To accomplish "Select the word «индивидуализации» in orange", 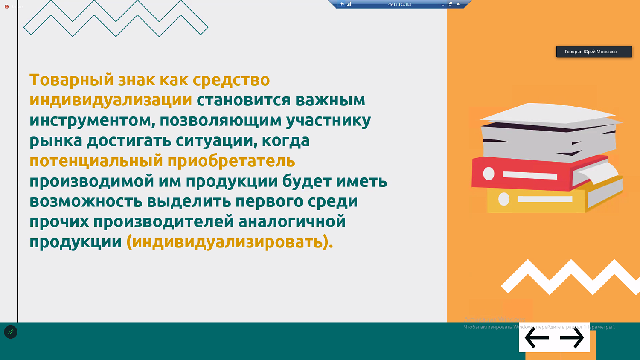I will (111, 100).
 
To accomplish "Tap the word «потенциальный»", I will (96, 161).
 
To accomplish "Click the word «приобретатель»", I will (231, 161).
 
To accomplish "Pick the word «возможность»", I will (86, 201).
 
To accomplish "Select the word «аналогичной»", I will (292, 222).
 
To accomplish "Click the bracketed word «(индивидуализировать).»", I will (230, 242).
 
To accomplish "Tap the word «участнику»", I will (328, 121).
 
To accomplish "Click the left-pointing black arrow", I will (536, 338).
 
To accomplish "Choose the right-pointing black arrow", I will (572, 338).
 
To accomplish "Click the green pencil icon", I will (11, 332).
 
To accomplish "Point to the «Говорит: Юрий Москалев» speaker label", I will (594, 52).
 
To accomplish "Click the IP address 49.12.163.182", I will (399, 4).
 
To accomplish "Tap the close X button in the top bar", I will (458, 4).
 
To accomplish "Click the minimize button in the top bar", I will (442, 4).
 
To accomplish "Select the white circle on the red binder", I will (489, 174).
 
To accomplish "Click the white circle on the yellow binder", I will (504, 199).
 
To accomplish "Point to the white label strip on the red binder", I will (530, 175).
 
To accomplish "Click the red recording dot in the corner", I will (6, 7).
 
